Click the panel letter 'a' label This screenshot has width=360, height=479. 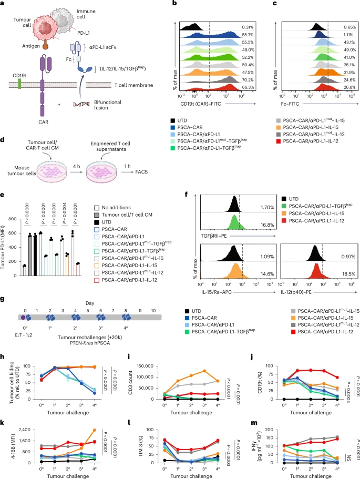[x=4, y=5]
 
